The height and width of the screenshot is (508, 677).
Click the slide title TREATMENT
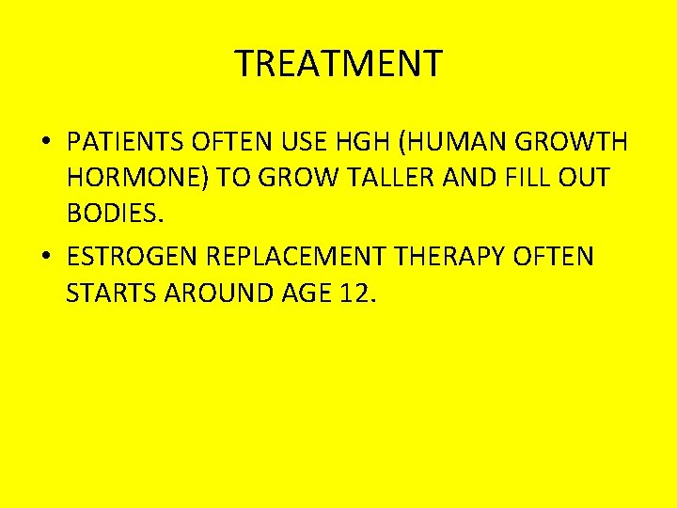[338, 64]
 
